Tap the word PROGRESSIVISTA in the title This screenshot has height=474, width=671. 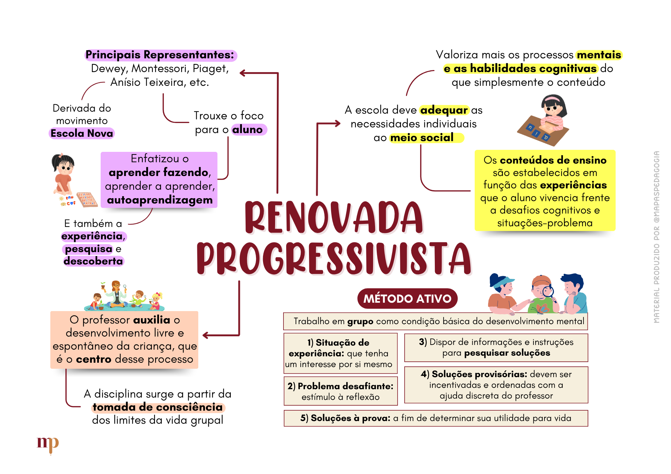[x=334, y=258]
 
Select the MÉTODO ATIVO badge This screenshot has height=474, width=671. [x=407, y=298]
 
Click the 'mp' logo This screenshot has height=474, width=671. [x=48, y=444]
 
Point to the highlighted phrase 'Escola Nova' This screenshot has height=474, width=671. [x=82, y=133]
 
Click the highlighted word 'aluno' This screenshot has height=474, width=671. [x=248, y=130]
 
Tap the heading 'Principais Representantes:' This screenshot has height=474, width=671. [x=160, y=55]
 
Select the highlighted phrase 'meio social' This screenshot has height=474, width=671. [x=422, y=138]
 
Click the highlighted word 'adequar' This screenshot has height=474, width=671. [x=444, y=110]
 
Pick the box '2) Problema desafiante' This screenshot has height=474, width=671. [x=341, y=391]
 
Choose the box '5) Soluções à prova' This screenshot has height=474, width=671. [x=435, y=418]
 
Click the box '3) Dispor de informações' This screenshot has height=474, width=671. [x=496, y=347]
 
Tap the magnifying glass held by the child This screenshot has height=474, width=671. [x=548, y=291]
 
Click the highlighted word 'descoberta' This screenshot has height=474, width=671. [x=93, y=261]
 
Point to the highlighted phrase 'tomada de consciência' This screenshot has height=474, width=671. [x=158, y=407]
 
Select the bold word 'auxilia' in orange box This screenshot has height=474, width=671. [x=152, y=320]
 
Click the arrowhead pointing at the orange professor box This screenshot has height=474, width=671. [x=206, y=335]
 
